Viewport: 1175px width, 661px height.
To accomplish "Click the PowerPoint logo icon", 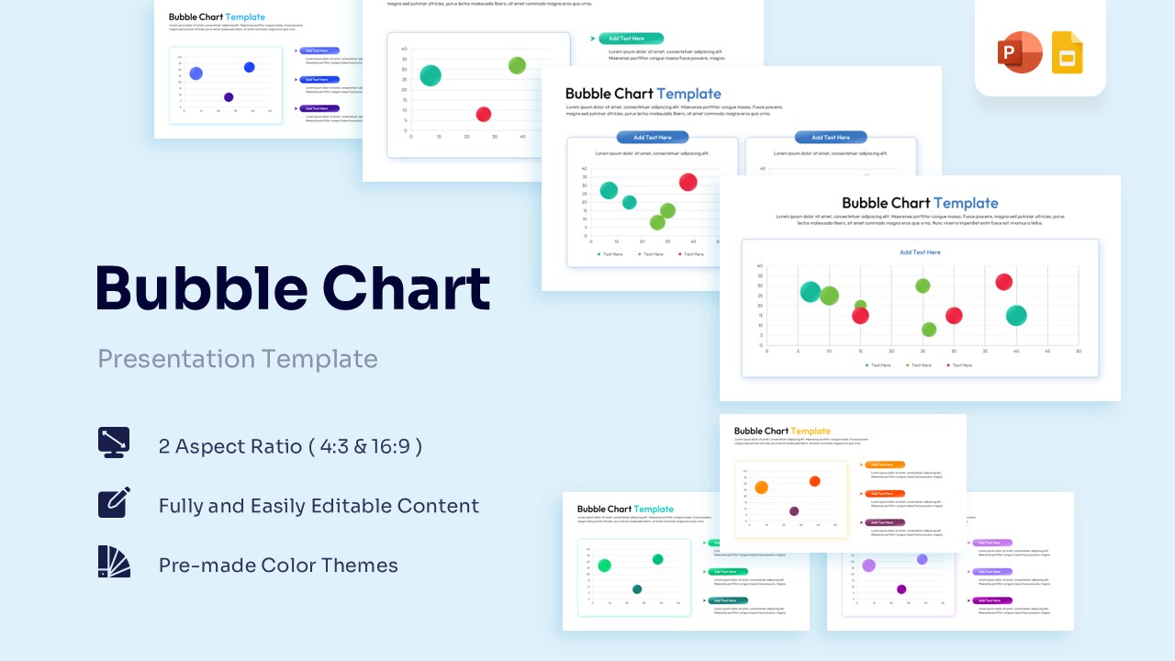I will point(1020,52).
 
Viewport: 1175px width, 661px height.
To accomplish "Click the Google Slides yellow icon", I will point(1068,52).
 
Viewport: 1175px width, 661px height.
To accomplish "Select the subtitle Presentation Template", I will point(238,358).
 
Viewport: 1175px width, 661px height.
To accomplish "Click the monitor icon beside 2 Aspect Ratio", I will point(114,443).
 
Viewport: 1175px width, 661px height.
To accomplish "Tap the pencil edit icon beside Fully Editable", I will point(114,502).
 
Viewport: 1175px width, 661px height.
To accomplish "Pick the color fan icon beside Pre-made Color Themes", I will point(114,561).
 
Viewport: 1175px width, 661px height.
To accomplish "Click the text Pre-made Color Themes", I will point(278,566).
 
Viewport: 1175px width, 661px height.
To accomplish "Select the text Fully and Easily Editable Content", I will point(319,506).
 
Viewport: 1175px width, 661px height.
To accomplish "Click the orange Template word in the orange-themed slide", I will point(811,431).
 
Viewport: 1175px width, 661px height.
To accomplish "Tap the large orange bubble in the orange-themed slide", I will point(761,487).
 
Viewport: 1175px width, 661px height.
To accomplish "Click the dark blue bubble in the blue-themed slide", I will point(229,97).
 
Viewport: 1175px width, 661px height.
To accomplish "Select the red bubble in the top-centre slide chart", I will point(484,114).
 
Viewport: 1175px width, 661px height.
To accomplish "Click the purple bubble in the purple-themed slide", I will point(901,589).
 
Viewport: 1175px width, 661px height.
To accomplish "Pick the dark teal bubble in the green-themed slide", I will point(637,589).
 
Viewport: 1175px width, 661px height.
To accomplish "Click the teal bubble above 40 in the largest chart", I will point(1016,316).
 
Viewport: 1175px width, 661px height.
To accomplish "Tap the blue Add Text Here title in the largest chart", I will point(920,252).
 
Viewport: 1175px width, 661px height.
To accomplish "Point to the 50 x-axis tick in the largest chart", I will point(1079,352).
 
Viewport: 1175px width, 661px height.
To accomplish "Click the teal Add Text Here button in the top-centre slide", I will point(631,39).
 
